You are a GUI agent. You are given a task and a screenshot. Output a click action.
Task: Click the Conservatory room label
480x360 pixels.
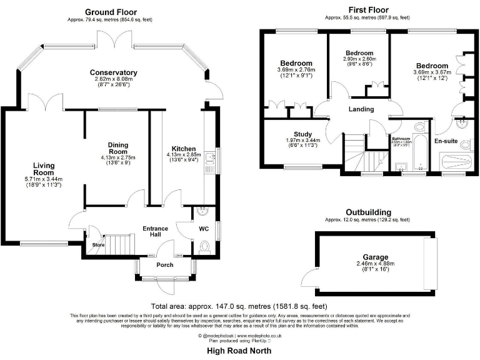point(113,72)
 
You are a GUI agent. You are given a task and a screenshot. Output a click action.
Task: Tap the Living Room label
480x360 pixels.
point(48,168)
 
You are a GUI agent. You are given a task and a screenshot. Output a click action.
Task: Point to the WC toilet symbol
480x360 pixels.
point(204,249)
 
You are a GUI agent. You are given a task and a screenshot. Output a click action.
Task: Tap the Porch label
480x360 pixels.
point(165,264)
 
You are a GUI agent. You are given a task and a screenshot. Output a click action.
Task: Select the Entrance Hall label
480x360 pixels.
point(156,231)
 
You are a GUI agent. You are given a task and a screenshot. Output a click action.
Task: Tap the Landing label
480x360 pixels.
point(361,109)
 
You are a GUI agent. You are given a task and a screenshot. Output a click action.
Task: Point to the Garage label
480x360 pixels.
point(375,257)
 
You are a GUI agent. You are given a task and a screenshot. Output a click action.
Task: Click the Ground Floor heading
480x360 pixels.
point(111,12)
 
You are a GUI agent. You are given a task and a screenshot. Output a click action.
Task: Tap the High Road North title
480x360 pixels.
point(239,351)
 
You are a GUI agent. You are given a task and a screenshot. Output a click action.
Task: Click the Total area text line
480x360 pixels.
point(239,306)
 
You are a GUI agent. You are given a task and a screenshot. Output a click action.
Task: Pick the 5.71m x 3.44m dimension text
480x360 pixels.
point(48,179)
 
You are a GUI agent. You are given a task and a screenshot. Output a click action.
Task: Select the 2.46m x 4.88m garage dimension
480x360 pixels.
point(375,264)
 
